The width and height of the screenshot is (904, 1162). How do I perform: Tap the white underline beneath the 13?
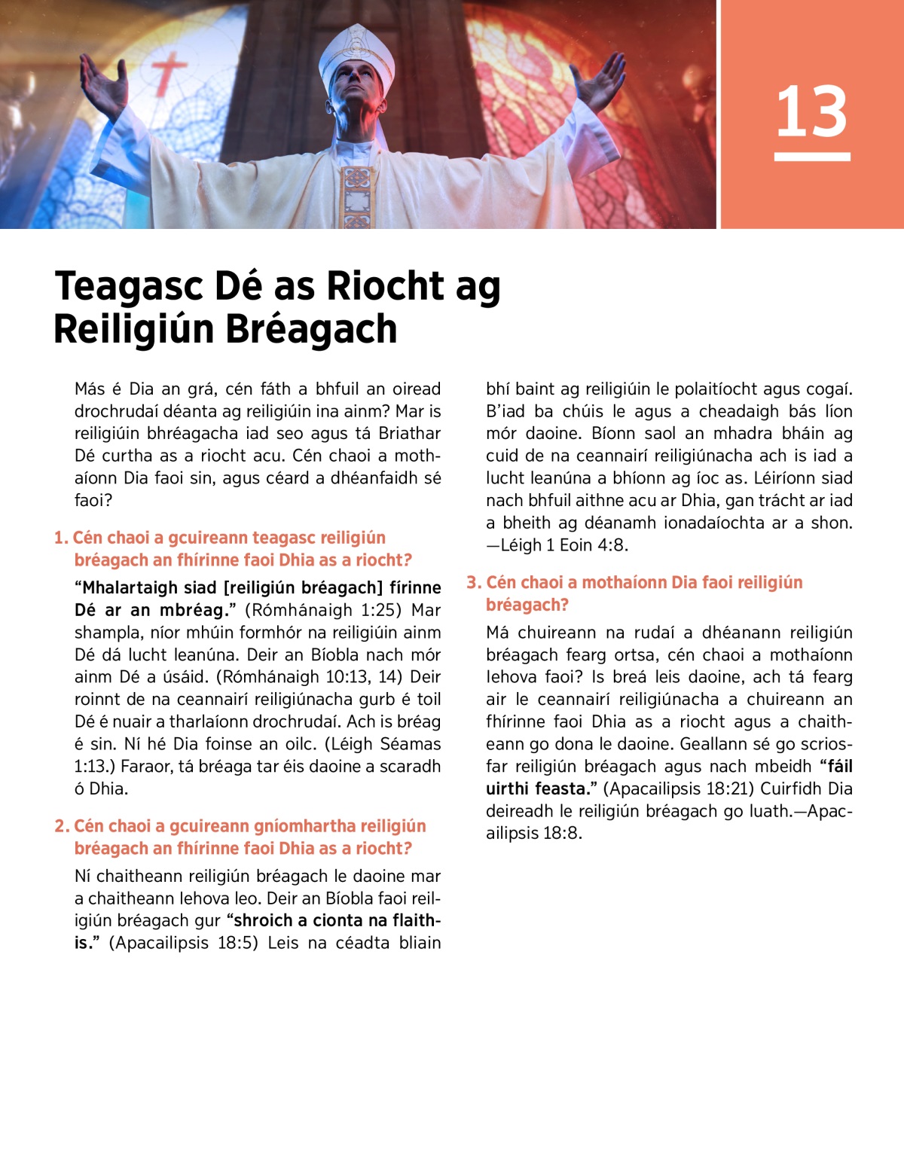(x=811, y=157)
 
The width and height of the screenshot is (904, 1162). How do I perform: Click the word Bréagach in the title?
(x=310, y=330)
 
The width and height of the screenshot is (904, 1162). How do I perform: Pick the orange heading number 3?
(x=473, y=582)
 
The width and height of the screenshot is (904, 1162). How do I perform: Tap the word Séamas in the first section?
(x=411, y=744)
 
